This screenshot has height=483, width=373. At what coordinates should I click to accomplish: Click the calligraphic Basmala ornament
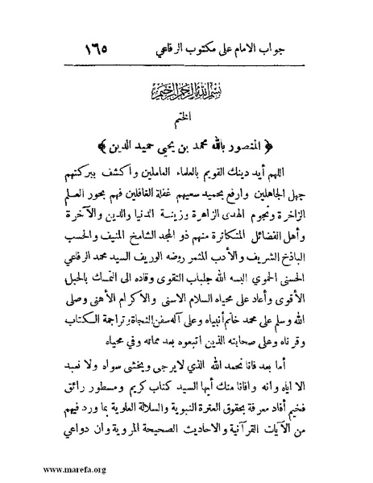click(187, 89)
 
